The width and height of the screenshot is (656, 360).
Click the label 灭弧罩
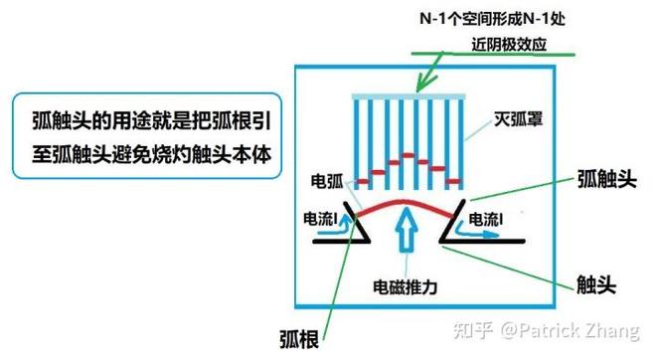[x=519, y=119]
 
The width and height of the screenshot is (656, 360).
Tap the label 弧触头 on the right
[x=607, y=179]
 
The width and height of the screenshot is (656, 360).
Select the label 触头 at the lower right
[x=596, y=284]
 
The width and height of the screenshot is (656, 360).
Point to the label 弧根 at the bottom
[x=299, y=339]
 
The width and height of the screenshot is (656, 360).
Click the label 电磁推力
[x=405, y=287]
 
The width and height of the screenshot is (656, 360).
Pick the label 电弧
[x=327, y=181]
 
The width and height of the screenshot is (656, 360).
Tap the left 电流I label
[x=320, y=219]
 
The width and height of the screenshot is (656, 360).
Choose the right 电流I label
[x=486, y=219]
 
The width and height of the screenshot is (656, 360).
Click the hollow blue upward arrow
[x=406, y=230]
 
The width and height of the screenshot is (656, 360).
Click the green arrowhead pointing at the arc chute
[x=423, y=84]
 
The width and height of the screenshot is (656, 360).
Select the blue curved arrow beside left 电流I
[x=344, y=225]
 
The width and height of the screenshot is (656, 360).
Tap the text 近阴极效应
[x=509, y=44]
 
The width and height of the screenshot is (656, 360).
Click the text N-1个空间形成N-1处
[x=493, y=19]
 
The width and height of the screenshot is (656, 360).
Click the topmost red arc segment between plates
[x=408, y=156]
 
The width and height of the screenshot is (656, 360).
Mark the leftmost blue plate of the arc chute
[x=357, y=143]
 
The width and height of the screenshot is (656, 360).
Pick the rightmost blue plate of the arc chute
[x=460, y=143]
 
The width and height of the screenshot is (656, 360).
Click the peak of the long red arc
[x=404, y=202]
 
